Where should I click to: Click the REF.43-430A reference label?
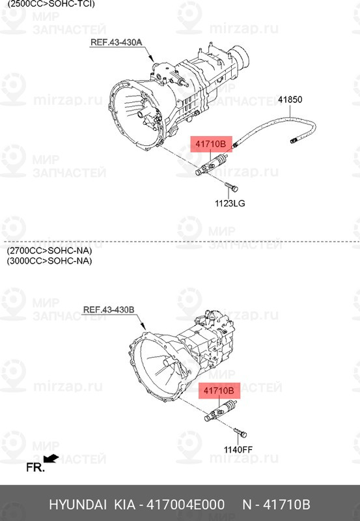tap(116, 42)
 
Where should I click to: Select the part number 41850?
tap(290, 100)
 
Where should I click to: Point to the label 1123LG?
tap(230, 204)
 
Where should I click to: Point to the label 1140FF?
tap(238, 449)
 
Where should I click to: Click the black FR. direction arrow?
tap(51, 458)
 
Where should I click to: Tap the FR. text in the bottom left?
tap(35, 467)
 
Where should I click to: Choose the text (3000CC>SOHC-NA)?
tap(49, 261)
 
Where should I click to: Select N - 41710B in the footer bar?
tap(276, 505)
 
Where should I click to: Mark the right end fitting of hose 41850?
tap(295, 139)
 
